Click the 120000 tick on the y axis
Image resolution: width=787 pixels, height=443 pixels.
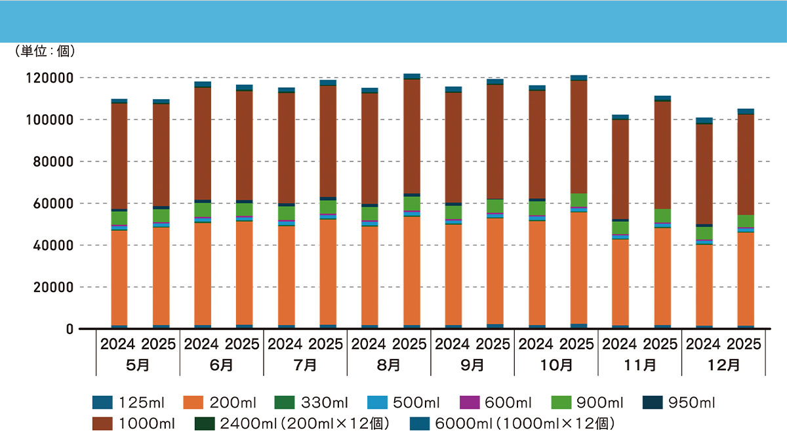point(50,78)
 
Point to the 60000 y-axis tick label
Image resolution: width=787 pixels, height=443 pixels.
point(54,203)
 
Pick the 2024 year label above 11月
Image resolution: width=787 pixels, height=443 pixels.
point(620,344)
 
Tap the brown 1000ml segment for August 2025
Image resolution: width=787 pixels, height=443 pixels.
point(412,137)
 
